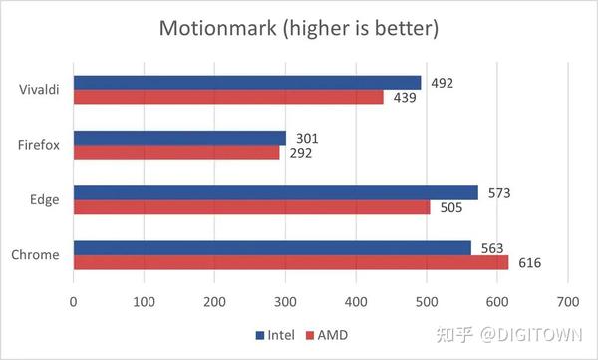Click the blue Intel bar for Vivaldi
247,83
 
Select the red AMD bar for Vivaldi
228,97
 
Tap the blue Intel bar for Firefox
179,138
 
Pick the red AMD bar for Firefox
176,153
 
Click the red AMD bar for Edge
252,207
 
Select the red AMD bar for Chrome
291,262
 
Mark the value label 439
404,97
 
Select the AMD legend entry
330,334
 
